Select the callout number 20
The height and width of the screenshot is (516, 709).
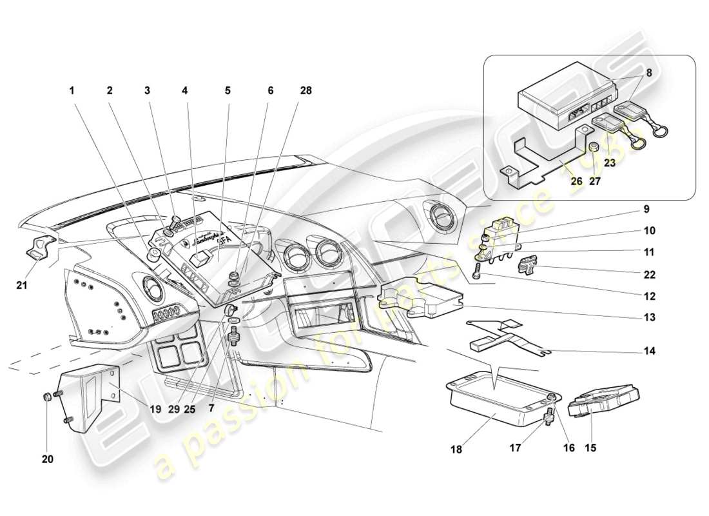pos(48,459)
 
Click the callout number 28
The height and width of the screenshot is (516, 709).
pos(306,91)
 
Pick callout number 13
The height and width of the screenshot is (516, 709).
pos(649,317)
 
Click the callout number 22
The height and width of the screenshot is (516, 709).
pos(649,274)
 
